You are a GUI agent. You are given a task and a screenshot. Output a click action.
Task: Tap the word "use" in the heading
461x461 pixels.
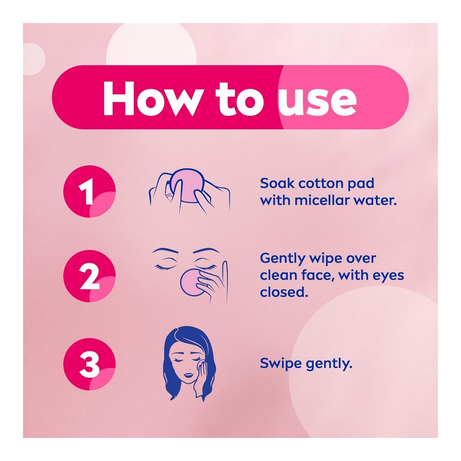(318, 101)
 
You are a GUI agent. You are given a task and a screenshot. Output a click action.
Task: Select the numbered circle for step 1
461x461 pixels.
(89, 191)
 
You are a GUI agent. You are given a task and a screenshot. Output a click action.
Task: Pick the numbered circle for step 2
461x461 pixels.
(89, 276)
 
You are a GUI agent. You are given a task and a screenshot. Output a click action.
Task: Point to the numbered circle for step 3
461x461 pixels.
(89, 364)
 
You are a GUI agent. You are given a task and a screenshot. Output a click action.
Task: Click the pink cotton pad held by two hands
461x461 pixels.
(186, 185)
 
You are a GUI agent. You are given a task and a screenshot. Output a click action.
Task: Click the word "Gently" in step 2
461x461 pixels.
(283, 259)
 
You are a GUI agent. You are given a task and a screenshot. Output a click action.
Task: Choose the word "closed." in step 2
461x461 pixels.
(284, 292)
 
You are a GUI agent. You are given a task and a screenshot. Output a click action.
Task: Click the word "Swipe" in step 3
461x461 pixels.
(281, 364)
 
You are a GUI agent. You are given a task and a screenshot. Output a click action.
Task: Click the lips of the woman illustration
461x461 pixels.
(188, 375)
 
